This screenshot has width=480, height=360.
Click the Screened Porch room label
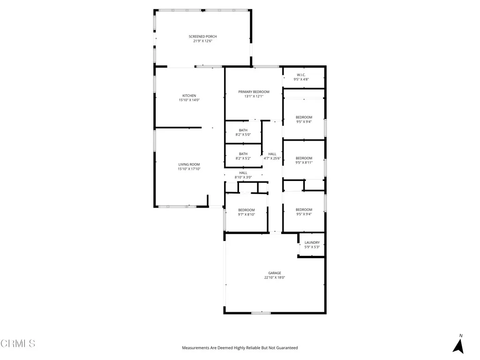(x=202, y=37)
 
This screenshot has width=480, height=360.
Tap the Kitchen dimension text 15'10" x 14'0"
(x=189, y=100)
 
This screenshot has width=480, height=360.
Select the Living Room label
(x=189, y=165)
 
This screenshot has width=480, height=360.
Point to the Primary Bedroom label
(x=254, y=92)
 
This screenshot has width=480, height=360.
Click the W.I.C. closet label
(x=301, y=75)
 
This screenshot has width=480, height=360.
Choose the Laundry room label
(x=312, y=243)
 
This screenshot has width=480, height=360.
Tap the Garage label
(x=275, y=273)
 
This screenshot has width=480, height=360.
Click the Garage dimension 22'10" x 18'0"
(x=275, y=277)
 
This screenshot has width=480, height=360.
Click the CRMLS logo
(x=18, y=344)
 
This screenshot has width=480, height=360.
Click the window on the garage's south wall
(x=261, y=313)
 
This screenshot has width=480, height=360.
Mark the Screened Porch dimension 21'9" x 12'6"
(x=202, y=41)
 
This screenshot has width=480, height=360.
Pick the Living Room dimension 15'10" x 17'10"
(x=189, y=169)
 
